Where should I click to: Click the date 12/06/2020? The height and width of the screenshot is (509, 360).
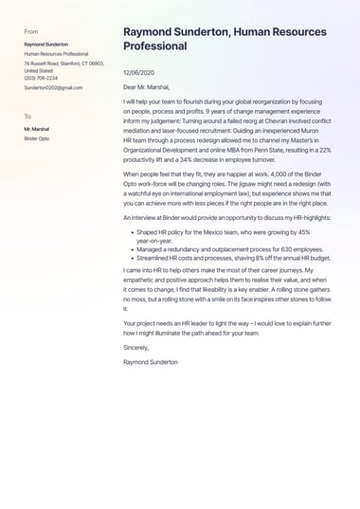[x=138, y=73]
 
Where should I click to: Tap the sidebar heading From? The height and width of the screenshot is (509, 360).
[x=31, y=31]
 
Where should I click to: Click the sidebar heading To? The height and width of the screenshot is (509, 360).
[x=27, y=116]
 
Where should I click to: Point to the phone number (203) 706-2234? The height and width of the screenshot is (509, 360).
[x=41, y=78]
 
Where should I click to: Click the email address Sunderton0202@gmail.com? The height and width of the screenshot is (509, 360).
[x=53, y=87]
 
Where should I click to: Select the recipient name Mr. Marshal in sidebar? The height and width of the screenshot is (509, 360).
[x=37, y=129]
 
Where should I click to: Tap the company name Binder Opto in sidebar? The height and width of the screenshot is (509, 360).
[x=38, y=138]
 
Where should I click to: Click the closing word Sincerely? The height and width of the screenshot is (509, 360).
[x=136, y=348]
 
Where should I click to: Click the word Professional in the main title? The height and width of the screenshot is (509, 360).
[x=154, y=45]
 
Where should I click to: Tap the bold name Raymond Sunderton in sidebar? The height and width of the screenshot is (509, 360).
[x=45, y=45]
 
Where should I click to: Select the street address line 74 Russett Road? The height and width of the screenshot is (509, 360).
[x=63, y=63]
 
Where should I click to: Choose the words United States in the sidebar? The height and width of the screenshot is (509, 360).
[x=39, y=70]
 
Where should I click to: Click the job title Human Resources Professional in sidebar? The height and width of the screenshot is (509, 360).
[x=56, y=54]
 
